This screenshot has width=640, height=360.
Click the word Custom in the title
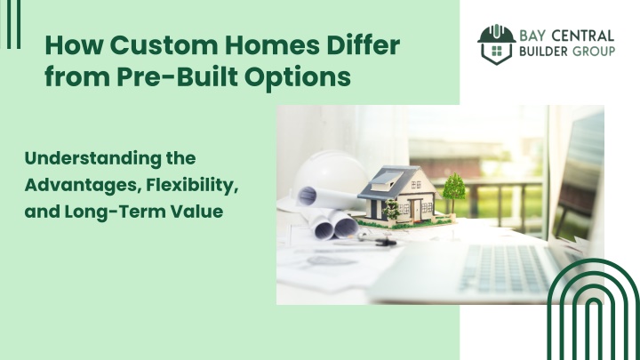pyautogui.click(x=164, y=45)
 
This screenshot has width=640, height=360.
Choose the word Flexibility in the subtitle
pyautogui.click(x=192, y=186)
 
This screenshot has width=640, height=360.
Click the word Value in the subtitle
pyautogui.click(x=197, y=212)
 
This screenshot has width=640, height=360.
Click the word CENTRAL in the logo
pyautogui.click(x=582, y=36)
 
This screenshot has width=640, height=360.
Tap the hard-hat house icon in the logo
pyautogui.click(x=497, y=44)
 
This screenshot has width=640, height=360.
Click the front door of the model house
pyautogui.click(x=416, y=209)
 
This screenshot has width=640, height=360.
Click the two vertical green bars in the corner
pyautogui.click(x=14, y=25)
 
